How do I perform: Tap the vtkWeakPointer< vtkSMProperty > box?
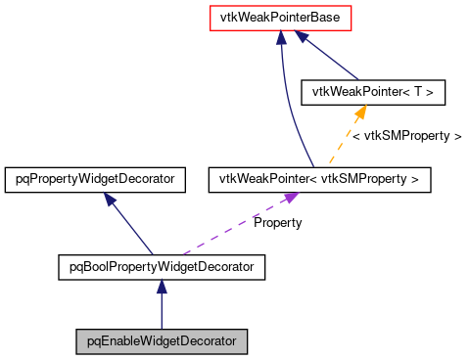click(319, 179)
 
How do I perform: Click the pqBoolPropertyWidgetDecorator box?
click(162, 265)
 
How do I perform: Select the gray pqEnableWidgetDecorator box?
click(162, 341)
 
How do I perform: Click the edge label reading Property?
click(278, 223)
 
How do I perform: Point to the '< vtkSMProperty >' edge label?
click(406, 136)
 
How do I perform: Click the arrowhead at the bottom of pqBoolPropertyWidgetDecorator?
click(162, 285)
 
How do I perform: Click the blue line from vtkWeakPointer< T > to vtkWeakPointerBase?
click(333, 56)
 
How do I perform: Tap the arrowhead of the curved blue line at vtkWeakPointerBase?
click(281, 37)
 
